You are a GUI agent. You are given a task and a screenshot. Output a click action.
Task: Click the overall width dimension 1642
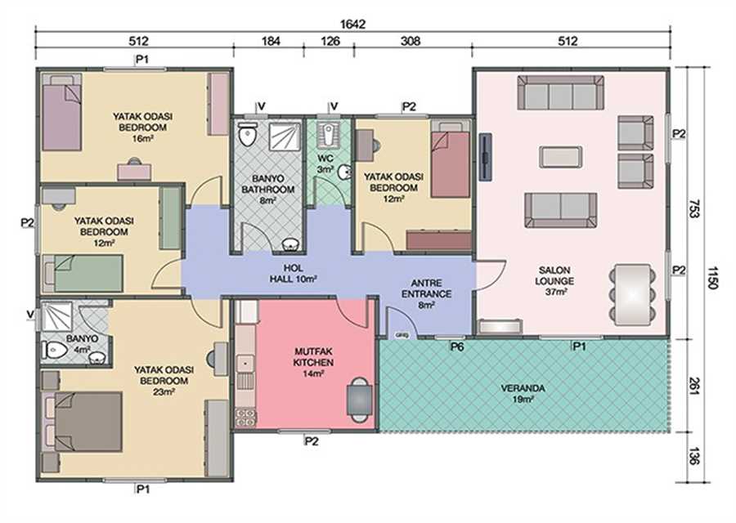click(x=352, y=24)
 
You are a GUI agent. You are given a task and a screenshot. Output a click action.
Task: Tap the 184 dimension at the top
click(x=271, y=42)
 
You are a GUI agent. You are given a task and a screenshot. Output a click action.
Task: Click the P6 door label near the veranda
click(x=457, y=347)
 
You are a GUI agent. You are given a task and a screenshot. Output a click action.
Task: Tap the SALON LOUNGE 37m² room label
click(x=554, y=281)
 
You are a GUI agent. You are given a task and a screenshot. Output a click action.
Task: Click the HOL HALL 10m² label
click(x=293, y=274)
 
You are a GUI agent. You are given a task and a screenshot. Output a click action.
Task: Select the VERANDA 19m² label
click(x=523, y=394)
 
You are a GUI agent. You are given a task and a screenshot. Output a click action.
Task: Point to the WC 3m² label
click(x=325, y=163)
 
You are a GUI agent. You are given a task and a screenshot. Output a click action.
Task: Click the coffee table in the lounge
click(x=561, y=157)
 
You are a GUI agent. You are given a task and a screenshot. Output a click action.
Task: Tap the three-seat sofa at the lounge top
click(x=560, y=92)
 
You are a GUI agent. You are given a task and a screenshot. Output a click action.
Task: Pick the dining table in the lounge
click(x=632, y=294)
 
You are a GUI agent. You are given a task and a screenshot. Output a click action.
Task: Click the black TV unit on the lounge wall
click(x=485, y=156)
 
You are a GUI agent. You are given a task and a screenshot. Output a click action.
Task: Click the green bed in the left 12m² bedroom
click(x=84, y=273)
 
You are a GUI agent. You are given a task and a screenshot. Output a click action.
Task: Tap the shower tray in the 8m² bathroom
click(x=285, y=136)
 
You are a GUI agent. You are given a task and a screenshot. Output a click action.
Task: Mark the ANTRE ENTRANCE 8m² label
click(x=426, y=294)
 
